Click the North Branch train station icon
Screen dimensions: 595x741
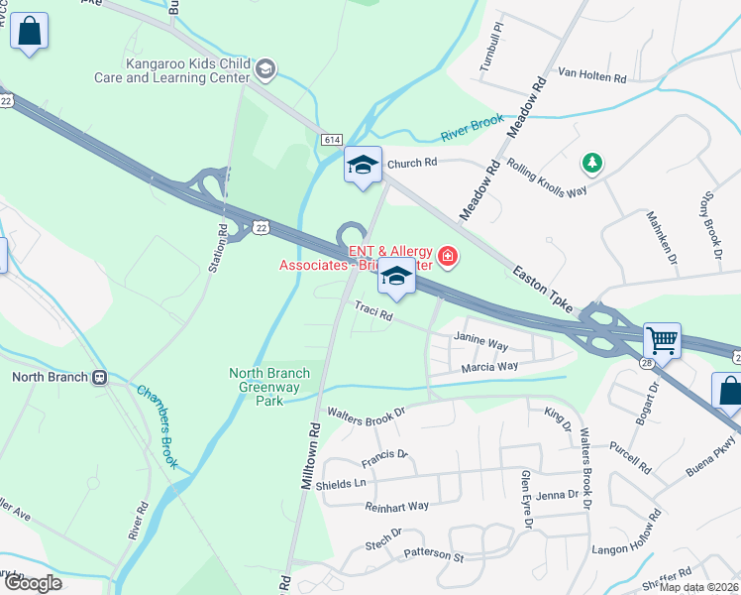tap(99, 377)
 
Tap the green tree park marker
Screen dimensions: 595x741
tap(591, 162)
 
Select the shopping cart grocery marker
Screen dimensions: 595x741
tap(661, 340)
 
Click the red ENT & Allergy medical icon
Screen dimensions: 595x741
tap(448, 258)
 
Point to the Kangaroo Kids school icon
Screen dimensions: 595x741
tap(265, 68)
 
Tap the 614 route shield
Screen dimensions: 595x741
tap(331, 141)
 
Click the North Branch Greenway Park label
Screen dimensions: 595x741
tap(269, 387)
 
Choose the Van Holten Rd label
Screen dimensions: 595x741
tap(592, 75)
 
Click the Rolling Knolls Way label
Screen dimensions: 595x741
tap(547, 178)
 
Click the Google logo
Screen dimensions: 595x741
tap(32, 583)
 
